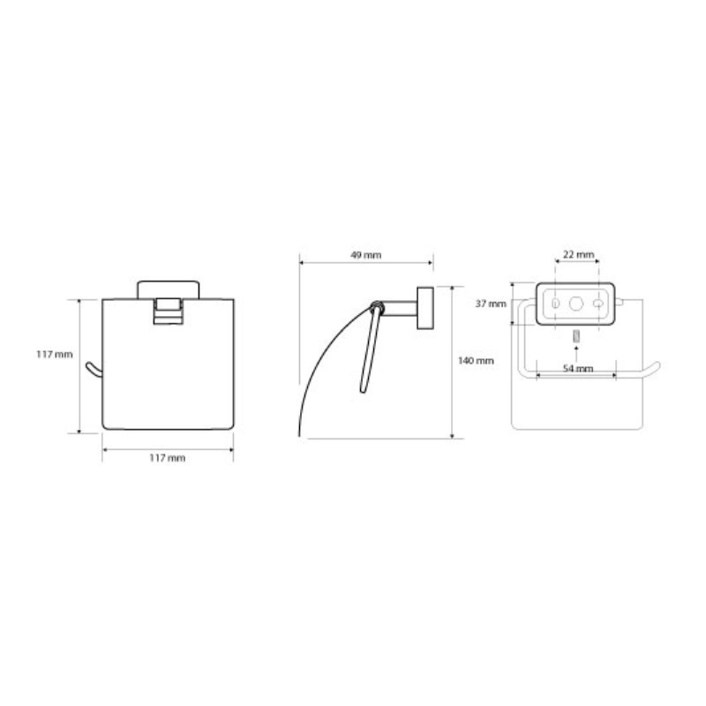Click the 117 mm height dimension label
click(55, 355)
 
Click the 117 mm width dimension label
click(168, 458)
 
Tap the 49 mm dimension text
click(366, 255)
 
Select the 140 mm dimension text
click(476, 361)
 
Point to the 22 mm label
click(579, 254)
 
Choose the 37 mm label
click(491, 304)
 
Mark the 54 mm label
click(578, 368)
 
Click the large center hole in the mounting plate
click(576, 304)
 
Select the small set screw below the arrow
click(576, 336)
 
